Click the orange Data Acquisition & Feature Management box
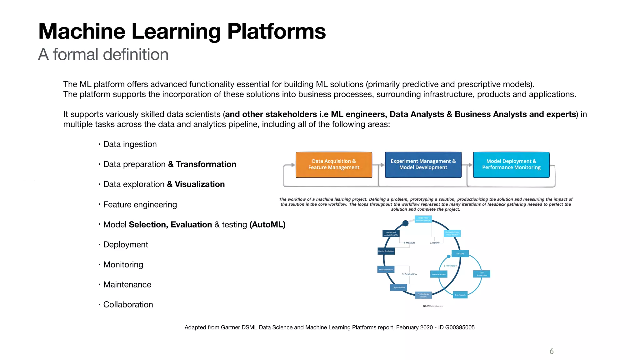pyautogui.click(x=334, y=165)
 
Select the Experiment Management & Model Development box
pyautogui.click(x=423, y=165)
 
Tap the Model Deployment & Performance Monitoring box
pyautogui.click(x=511, y=165)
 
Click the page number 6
pyautogui.click(x=552, y=351)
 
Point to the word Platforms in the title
pyautogui.click(x=276, y=32)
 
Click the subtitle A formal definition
pyautogui.click(x=103, y=55)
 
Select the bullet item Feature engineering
pyautogui.click(x=140, y=205)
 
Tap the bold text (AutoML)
pyautogui.click(x=267, y=225)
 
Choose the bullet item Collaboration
pyautogui.click(x=128, y=305)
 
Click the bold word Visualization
pyautogui.click(x=200, y=184)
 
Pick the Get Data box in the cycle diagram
pyautogui.click(x=460, y=254)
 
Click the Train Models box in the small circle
pyautogui.click(x=460, y=295)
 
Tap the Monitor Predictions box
pyautogui.click(x=386, y=251)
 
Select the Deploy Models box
pyautogui.click(x=398, y=287)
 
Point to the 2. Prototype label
pyautogui.click(x=450, y=266)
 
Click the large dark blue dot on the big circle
pyautogui.click(x=405, y=223)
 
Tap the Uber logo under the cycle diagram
pyautogui.click(x=426, y=306)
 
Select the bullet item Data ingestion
pyautogui.click(x=130, y=144)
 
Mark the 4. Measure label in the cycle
pyautogui.click(x=409, y=243)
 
